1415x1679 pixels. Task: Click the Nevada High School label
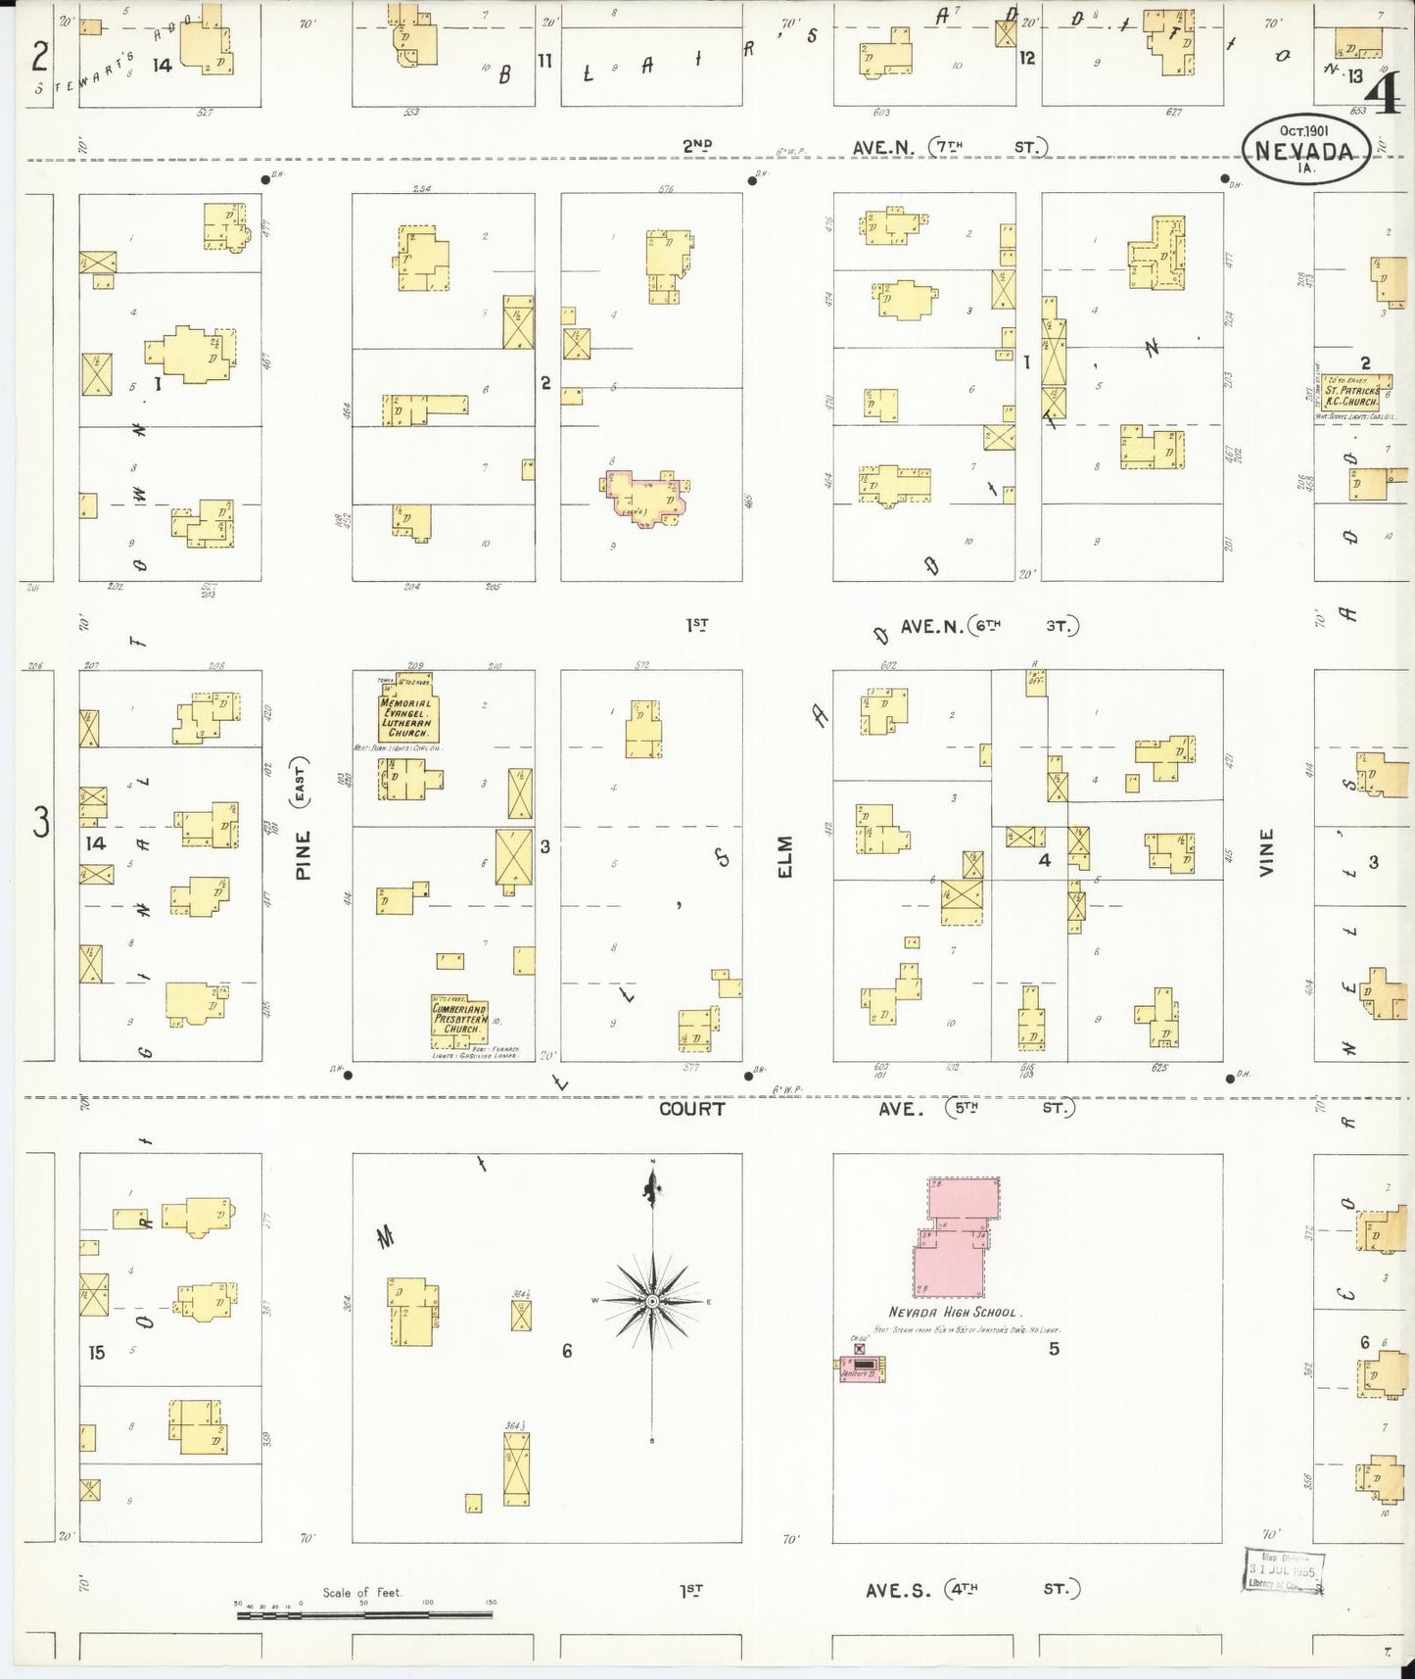954,1312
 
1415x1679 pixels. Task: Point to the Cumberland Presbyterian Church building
459,1020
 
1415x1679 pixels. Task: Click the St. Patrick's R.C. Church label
1351,396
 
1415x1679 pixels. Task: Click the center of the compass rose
651,1300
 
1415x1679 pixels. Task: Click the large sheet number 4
1388,95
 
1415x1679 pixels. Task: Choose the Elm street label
785,856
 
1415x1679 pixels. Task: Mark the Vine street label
1267,851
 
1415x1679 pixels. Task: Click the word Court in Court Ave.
691,1109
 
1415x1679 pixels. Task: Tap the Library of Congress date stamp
1284,1573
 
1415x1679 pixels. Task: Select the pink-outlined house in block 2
646,497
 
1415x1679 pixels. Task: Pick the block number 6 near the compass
566,1352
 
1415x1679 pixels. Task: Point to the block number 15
96,1353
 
